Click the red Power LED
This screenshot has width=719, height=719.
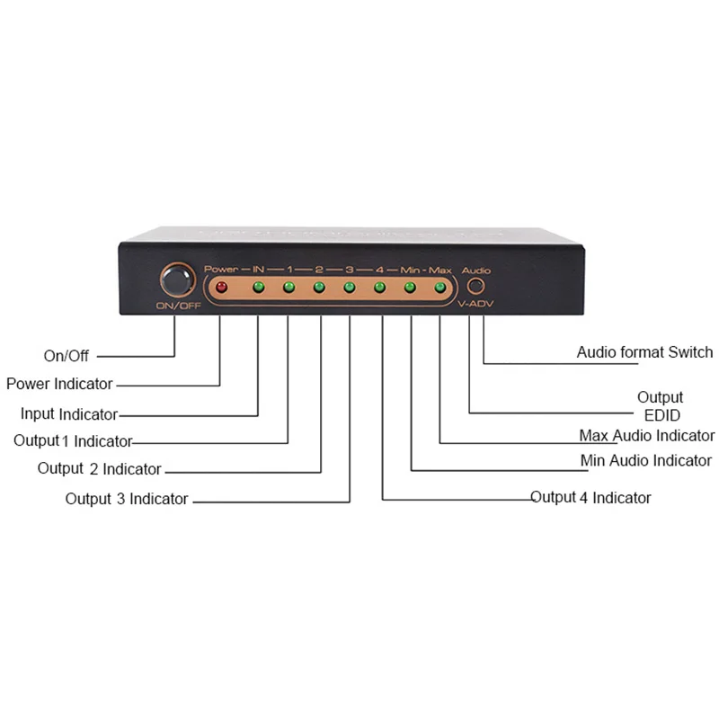tap(221, 287)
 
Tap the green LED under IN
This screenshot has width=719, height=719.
tap(259, 287)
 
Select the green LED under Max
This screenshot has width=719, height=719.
tap(440, 288)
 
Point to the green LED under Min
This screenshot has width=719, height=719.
tap(410, 288)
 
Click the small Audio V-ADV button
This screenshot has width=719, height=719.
tap(475, 286)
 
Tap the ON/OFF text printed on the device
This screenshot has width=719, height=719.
tap(178, 306)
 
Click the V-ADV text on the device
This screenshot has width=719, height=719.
tap(475, 304)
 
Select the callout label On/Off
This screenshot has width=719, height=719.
tap(66, 356)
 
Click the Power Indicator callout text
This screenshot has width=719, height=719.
tap(59, 384)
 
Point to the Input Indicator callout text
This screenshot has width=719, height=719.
tap(69, 414)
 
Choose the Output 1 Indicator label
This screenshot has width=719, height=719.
tap(73, 441)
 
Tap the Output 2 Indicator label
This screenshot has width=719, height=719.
tap(100, 468)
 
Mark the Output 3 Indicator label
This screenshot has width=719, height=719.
tap(127, 499)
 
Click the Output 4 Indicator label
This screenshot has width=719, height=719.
tap(590, 498)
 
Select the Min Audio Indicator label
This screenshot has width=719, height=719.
tap(646, 460)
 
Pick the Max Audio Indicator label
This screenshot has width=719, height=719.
tap(647, 436)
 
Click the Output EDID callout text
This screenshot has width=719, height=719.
tap(661, 406)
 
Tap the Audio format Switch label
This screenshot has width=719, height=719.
tap(644, 352)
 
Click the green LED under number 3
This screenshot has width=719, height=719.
tap(350, 288)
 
